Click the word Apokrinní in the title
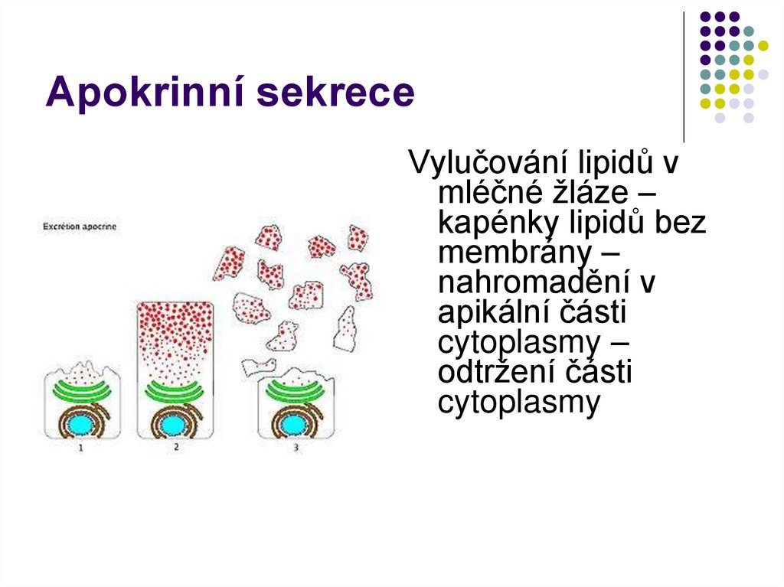tap(144, 93)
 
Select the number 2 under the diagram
tap(175, 446)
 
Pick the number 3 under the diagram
tap(296, 448)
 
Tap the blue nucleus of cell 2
tap(175, 422)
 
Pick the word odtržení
tap(489, 373)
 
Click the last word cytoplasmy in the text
tap(518, 403)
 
